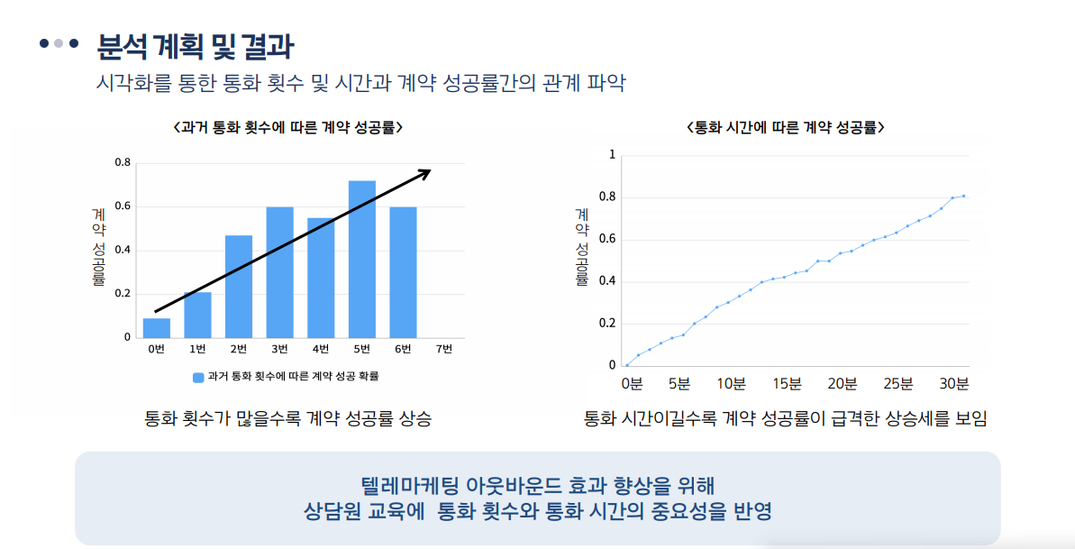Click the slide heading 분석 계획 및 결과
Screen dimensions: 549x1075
tap(195, 45)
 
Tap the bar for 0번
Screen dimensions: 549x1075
tap(157, 328)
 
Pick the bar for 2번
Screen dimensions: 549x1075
tap(239, 286)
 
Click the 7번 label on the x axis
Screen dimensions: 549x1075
tap(443, 350)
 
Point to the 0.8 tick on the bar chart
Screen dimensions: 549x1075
tap(123, 163)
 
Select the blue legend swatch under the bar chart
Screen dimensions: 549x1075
tap(197, 377)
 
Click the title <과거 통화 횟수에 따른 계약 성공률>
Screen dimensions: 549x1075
tap(286, 128)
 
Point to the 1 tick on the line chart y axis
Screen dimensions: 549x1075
tap(612, 155)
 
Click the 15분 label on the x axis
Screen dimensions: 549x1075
tap(787, 385)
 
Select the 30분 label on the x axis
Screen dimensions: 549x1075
tap(954, 385)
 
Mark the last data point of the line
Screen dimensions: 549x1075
tap(963, 196)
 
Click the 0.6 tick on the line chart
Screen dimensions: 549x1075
tap(607, 240)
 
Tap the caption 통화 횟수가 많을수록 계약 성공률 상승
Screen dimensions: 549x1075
tap(287, 419)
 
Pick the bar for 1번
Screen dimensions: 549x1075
tap(197, 315)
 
